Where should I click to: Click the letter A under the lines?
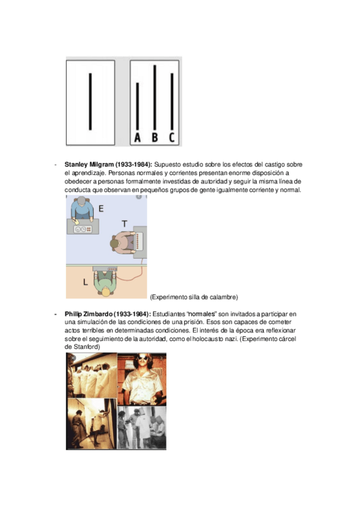tap(138, 138)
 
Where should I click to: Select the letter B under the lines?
tap(155, 138)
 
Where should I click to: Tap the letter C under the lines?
tap(172, 138)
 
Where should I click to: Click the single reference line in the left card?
tap(90, 102)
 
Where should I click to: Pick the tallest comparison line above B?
tap(155, 97)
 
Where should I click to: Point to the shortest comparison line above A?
tap(138, 106)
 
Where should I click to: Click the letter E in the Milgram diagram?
tap(101, 209)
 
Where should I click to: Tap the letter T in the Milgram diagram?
tap(124, 224)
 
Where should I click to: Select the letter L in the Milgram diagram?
tap(85, 282)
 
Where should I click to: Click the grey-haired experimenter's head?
tap(81, 201)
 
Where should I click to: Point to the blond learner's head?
tap(106, 292)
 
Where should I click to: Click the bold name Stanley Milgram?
tap(89, 165)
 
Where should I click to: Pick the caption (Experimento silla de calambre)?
tap(194, 297)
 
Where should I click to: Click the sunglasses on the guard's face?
tap(142, 358)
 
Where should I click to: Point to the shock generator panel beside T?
tap(140, 242)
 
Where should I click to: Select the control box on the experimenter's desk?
tap(82, 229)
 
